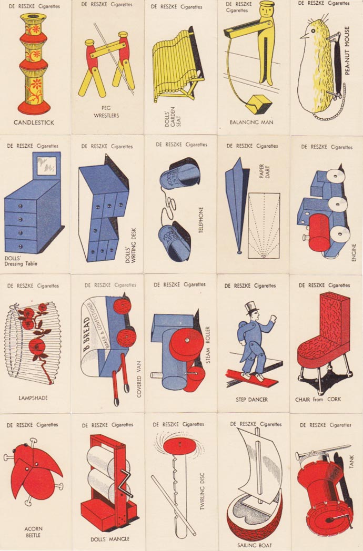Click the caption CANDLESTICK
(x=34, y=123)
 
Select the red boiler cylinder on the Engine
(x=320, y=233)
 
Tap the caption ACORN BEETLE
(x=34, y=532)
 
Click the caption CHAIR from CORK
(x=318, y=399)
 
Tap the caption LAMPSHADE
(x=33, y=398)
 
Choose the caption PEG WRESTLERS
(x=106, y=112)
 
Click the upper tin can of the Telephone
(x=180, y=175)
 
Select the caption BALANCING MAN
(x=251, y=123)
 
